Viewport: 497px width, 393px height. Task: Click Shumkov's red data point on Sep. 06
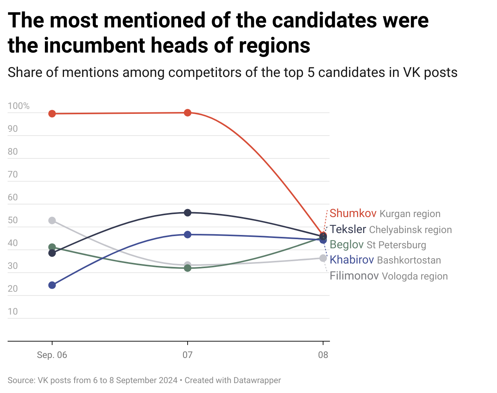52,113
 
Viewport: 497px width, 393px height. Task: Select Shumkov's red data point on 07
188,113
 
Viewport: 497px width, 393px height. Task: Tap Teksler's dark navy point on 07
188,212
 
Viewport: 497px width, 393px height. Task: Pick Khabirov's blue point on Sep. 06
52,285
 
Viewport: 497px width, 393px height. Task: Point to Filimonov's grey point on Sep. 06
52,220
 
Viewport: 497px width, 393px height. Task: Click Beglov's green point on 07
188,268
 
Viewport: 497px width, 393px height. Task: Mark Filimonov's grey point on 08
323,258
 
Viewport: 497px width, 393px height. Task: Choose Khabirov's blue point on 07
188,235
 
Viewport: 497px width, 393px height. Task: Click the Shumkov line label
353,213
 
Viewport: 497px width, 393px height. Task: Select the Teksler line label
348,229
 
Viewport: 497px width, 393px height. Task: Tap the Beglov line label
347,244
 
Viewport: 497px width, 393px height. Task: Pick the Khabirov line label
352,260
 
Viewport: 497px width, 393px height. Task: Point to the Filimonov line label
354,276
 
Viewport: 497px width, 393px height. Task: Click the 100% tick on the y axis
19,106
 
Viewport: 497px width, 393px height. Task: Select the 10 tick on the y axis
13,312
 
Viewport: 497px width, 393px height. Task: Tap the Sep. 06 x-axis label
52,355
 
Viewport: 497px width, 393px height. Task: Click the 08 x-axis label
323,355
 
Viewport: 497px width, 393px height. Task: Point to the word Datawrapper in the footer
257,380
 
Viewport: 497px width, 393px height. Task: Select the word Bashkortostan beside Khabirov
409,260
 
